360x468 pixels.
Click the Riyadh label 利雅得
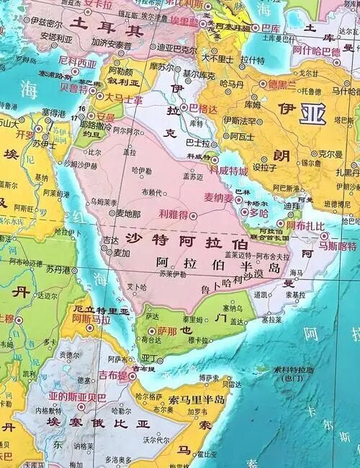(x=173, y=214)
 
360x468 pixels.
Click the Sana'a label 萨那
(x=166, y=331)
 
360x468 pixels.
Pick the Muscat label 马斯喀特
(x=338, y=246)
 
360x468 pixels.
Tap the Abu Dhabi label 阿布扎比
(x=301, y=225)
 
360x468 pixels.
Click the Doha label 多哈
(x=258, y=213)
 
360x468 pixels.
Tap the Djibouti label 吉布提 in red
(x=114, y=375)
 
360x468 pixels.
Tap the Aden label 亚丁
(x=150, y=358)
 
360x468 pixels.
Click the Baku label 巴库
(x=271, y=29)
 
